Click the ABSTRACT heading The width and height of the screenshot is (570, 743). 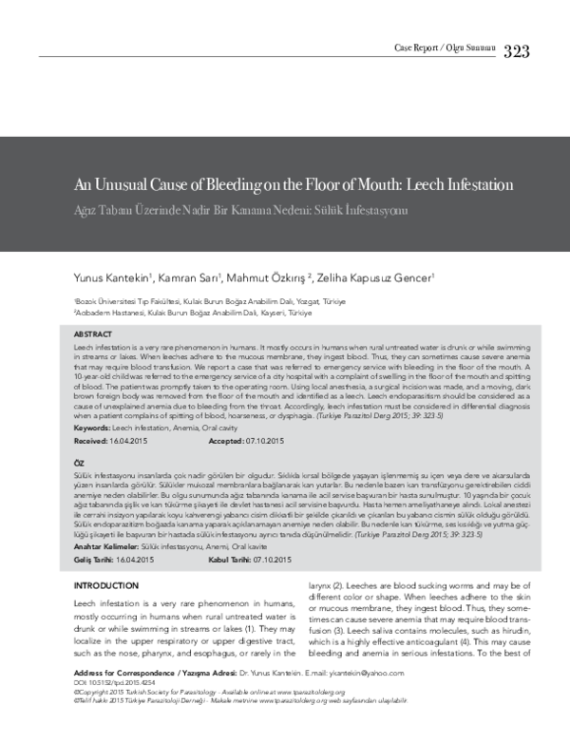point(93,335)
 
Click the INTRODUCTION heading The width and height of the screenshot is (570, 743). point(106,586)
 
